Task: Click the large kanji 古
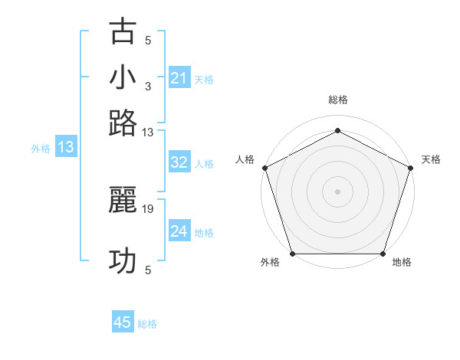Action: [x=123, y=32]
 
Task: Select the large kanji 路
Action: [x=123, y=123]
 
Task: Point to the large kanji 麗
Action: [x=123, y=200]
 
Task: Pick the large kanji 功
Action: [x=123, y=261]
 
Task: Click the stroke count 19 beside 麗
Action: [x=148, y=208]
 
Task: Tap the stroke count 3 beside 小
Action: [x=148, y=86]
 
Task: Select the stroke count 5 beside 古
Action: [x=148, y=41]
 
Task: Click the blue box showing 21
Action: [x=179, y=77]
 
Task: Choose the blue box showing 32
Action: [x=179, y=162]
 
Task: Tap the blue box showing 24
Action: [x=179, y=231]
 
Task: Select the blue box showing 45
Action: [x=123, y=322]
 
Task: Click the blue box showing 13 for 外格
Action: [x=65, y=147]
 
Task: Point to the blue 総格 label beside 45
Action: [x=147, y=324]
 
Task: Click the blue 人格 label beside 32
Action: [x=204, y=163]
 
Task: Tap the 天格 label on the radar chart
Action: [x=431, y=159]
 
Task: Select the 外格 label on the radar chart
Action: [x=270, y=263]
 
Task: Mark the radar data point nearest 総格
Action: [x=337, y=129]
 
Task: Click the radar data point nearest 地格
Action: [x=383, y=254]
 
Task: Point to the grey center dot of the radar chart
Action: [x=337, y=191]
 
